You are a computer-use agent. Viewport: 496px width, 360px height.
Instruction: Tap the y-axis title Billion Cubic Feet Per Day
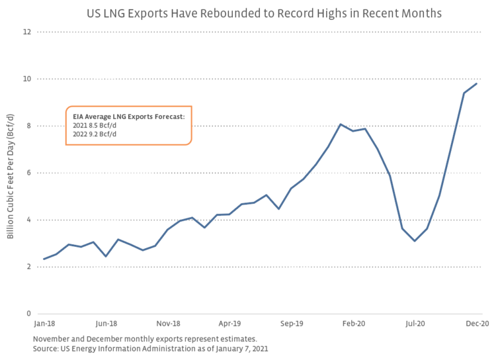pos(11,173)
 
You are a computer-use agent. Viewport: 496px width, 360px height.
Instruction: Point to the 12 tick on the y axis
pos(27,32)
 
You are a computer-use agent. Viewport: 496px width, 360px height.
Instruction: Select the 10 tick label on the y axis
pos(27,79)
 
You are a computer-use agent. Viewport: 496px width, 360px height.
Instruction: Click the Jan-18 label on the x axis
pos(44,324)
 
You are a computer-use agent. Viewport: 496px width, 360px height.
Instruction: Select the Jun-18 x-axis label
pos(106,324)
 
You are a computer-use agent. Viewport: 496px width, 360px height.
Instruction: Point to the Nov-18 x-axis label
pos(168,324)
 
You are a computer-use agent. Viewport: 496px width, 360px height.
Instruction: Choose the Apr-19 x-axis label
pos(229,324)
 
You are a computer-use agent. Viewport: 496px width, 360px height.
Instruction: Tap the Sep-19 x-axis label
pos(292,324)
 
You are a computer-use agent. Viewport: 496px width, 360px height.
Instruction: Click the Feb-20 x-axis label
pos(353,324)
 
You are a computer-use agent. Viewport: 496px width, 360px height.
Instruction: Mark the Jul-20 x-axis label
pos(415,324)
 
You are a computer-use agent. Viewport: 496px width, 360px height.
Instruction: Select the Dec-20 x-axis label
pos(477,324)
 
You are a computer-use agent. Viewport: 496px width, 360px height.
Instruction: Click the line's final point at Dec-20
pos(477,83)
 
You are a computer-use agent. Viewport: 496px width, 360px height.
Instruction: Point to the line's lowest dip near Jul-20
pos(415,241)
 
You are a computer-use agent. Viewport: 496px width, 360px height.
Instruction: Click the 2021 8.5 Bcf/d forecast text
pos(95,126)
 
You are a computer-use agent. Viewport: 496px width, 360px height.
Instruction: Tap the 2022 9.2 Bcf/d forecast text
pos(95,134)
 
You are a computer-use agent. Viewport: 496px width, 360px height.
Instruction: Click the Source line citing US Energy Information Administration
pos(150,348)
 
